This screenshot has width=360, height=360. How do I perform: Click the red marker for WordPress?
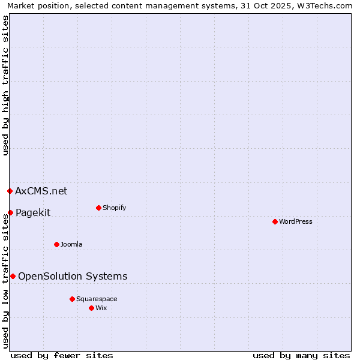[x=275, y=221]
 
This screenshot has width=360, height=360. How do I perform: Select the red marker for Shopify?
[x=98, y=208]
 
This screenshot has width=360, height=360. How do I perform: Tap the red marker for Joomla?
[x=56, y=244]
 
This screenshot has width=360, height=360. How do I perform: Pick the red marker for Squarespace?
[x=72, y=299]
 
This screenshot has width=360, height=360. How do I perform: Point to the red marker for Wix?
[x=91, y=308]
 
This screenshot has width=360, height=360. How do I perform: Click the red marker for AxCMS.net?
[x=10, y=191]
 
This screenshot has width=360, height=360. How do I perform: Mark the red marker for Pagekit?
[x=10, y=212]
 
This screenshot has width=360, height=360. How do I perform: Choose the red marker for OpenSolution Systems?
[x=13, y=276]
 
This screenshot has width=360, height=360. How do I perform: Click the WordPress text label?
[x=296, y=221]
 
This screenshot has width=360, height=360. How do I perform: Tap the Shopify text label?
[x=114, y=208]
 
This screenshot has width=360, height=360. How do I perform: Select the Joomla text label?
[x=71, y=244]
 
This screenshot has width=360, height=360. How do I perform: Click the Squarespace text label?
[x=97, y=299]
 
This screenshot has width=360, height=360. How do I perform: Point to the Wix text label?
[x=101, y=308]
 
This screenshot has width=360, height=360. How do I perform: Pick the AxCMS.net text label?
[x=41, y=191]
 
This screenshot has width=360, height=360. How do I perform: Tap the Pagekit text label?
[x=33, y=212]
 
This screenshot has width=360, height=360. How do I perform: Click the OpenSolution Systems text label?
[x=73, y=276]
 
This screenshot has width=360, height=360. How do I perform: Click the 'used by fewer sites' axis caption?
[x=62, y=355]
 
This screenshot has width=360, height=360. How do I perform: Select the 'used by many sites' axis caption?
[x=301, y=355]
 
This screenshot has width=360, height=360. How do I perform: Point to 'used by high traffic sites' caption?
[x=5, y=85]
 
